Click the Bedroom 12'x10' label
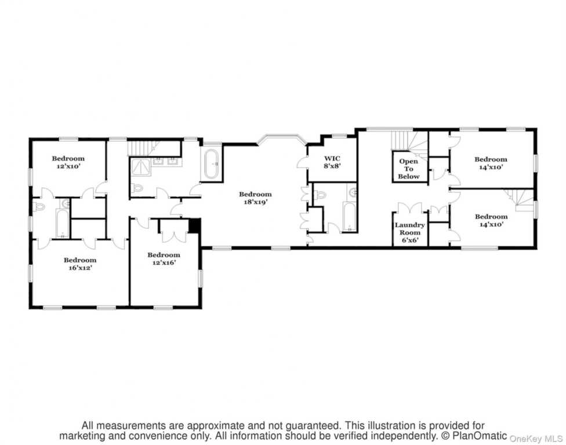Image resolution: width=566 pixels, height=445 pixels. [68, 162]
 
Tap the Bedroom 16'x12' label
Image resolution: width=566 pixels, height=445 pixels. [80, 264]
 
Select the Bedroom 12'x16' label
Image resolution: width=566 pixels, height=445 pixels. [164, 258]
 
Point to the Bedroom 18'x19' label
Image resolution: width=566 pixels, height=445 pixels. [255, 198]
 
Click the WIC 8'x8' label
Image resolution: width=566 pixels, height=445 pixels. [332, 162]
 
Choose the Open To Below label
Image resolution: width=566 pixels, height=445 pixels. [409, 169]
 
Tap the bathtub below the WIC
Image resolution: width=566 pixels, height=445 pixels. [348, 217]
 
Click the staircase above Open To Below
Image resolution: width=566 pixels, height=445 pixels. [409, 141]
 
